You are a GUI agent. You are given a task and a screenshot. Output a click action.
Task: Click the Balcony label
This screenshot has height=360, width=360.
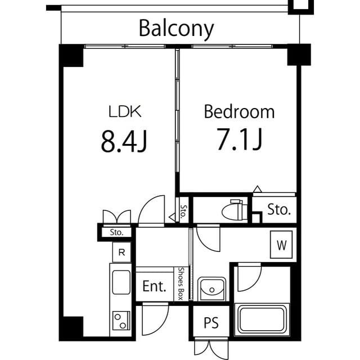[x=176, y=29]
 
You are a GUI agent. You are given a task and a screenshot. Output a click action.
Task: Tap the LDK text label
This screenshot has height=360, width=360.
[x=125, y=111]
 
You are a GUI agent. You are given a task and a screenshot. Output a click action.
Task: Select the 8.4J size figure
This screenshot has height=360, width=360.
[x=124, y=141]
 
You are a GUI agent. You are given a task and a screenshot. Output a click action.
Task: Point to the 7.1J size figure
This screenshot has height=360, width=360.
[x=240, y=139]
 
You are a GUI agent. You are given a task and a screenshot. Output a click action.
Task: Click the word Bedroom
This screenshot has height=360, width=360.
[x=239, y=112]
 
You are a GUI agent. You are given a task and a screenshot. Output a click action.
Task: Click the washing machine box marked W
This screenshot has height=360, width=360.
[x=281, y=245]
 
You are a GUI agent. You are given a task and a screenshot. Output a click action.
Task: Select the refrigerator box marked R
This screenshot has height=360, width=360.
[x=121, y=253]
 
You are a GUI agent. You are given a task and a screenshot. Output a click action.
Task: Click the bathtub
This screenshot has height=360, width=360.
[x=262, y=319]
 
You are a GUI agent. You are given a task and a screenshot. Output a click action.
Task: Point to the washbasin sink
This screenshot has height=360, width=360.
[x=212, y=289]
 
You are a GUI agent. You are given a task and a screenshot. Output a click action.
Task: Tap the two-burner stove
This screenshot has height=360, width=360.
[x=121, y=321]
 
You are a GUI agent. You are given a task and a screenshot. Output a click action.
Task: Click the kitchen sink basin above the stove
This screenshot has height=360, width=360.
[x=121, y=282]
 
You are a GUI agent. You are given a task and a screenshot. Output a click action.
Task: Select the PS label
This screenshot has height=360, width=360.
[x=211, y=323]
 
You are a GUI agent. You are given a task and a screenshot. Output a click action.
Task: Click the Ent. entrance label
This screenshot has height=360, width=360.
[x=154, y=286]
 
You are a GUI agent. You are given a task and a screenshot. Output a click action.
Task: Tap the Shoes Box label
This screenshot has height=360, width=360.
[x=181, y=283]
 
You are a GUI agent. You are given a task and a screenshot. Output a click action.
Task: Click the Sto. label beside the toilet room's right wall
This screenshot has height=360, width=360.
[x=279, y=210]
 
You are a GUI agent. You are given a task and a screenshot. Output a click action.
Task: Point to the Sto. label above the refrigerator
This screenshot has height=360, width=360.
[x=116, y=232]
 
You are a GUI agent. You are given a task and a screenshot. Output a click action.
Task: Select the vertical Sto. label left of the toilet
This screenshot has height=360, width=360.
[x=183, y=211]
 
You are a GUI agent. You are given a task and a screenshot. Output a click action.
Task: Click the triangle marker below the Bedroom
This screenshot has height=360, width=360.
[x=258, y=189]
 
